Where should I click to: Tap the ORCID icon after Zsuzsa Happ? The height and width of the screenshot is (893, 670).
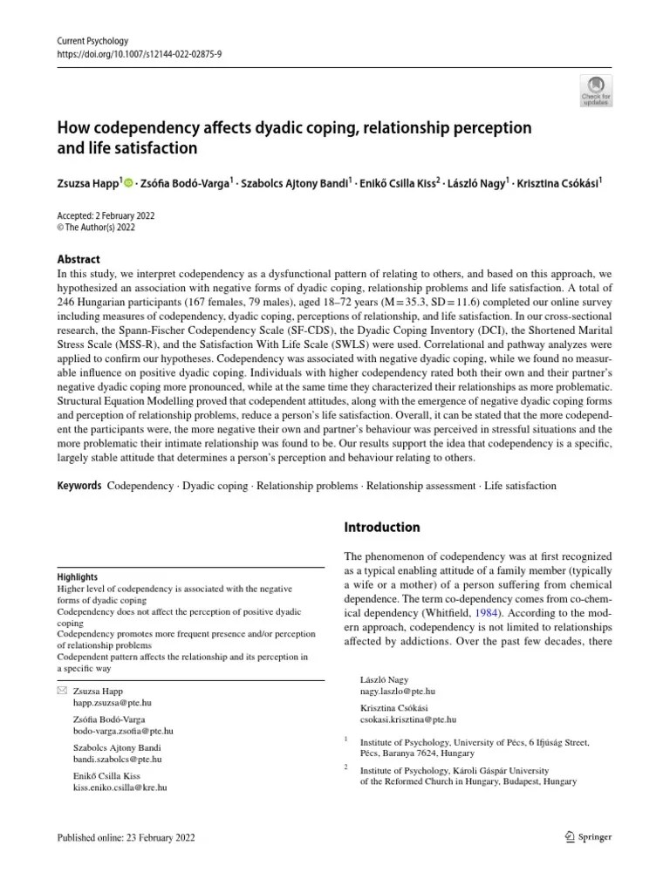point(130,183)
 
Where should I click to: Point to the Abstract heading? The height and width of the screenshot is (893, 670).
point(78,259)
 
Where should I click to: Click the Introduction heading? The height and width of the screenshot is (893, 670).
point(382,527)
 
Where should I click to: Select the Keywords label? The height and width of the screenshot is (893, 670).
point(79,485)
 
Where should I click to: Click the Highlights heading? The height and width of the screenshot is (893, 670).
point(77,576)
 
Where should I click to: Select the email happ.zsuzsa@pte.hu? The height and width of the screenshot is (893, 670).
point(113,703)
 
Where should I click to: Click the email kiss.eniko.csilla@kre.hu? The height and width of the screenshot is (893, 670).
point(120,787)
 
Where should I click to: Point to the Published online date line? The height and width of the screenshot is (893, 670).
point(126,838)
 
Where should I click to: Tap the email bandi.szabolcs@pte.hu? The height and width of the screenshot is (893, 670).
point(117,759)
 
